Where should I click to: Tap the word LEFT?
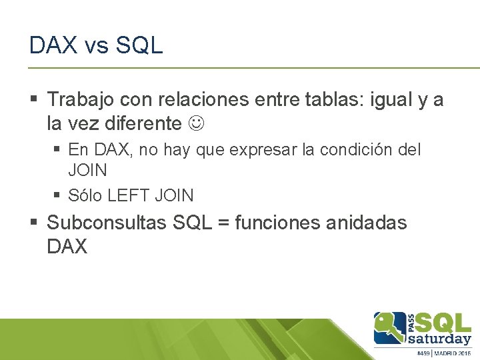tap(129, 196)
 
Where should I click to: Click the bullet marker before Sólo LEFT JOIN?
tap(57, 196)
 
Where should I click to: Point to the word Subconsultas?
tap(107, 223)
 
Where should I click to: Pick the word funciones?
tap(276, 223)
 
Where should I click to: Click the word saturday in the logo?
tap(444, 339)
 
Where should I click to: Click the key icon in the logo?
tap(391, 327)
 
